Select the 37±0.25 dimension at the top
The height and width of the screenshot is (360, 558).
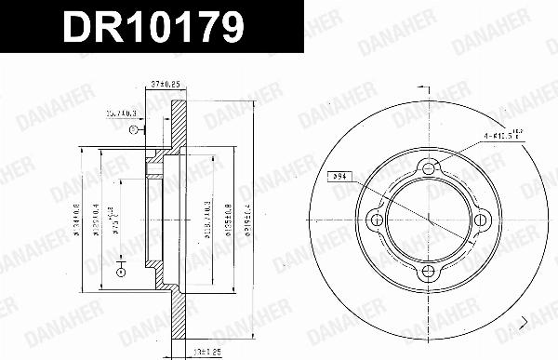165,84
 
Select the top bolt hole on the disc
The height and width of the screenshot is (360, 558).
428,167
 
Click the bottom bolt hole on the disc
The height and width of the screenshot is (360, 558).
428,272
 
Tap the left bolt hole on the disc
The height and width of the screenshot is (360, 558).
376,220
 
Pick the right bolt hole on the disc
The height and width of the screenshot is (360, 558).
480,220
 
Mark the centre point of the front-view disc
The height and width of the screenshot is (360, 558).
428,220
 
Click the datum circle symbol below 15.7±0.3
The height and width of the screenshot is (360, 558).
134,130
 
